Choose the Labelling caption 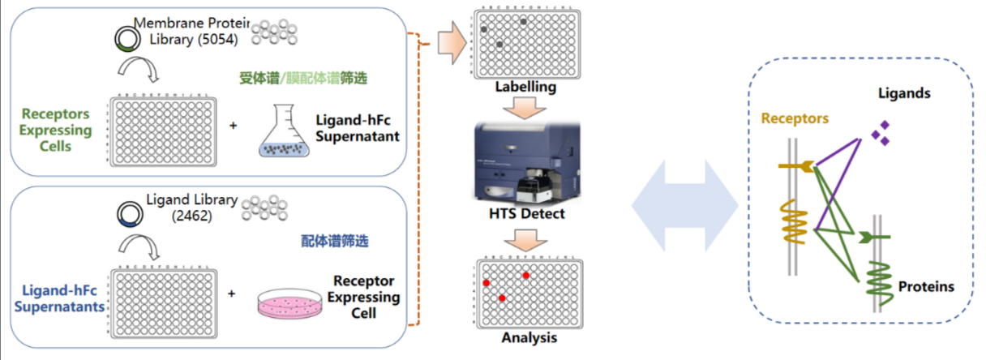[520, 88]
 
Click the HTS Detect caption [520, 214]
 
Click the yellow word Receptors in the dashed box [795, 118]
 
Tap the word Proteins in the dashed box [926, 286]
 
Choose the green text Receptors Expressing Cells [56, 130]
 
